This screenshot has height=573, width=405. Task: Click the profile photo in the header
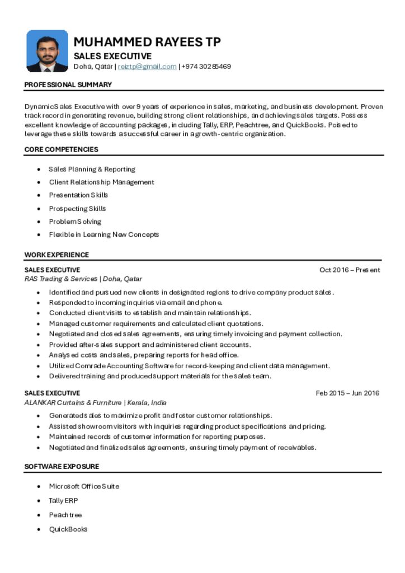[47, 51]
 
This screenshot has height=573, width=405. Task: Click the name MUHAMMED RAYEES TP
[147, 42]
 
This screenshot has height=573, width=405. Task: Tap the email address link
[147, 67]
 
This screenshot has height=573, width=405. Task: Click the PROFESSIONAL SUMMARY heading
[68, 84]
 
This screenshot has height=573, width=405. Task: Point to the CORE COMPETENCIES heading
[61, 149]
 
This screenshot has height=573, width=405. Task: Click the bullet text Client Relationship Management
[101, 182]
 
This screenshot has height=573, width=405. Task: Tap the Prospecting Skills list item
[77, 209]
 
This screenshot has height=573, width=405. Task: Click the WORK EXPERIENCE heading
[56, 255]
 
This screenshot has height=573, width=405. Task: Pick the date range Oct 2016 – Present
[350, 270]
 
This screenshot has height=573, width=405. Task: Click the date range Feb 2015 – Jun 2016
[347, 393]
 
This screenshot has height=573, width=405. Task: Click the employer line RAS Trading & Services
[83, 279]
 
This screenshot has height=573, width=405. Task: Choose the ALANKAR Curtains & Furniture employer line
[95, 402]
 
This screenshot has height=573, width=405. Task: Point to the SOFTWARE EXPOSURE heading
[62, 466]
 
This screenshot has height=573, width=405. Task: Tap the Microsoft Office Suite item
[84, 486]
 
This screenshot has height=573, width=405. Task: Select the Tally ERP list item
[63, 501]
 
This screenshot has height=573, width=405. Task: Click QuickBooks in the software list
[68, 529]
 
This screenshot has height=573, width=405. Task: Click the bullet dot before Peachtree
[38, 515]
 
